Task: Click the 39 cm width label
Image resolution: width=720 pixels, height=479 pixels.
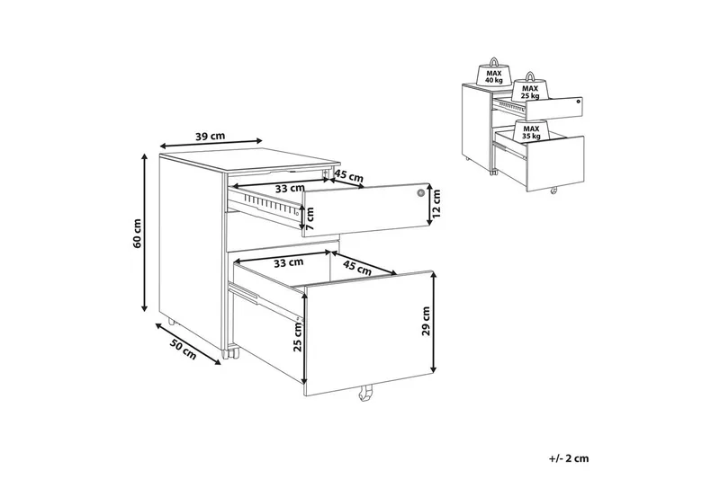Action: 211,136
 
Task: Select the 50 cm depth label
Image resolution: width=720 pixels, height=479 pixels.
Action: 184,348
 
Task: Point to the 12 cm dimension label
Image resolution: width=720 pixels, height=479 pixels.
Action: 436,203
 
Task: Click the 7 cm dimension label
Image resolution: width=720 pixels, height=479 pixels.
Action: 310,219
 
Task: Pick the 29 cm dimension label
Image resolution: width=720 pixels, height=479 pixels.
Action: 426,321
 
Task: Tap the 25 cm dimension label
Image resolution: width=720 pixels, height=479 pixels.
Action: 298,337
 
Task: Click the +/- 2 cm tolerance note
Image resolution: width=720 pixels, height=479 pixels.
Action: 569,458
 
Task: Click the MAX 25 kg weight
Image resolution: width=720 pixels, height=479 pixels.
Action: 530,87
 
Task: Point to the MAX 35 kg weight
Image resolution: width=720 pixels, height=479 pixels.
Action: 532,131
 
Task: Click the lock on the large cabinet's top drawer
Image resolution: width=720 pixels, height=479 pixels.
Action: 420,193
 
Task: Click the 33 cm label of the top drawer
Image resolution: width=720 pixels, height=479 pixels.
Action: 290,188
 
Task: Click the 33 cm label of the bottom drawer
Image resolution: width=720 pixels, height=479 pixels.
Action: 288,262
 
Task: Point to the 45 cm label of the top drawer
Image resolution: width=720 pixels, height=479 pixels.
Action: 348,174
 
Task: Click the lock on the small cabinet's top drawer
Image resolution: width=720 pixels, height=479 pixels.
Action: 578,102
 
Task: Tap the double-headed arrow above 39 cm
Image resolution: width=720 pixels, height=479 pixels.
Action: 211,144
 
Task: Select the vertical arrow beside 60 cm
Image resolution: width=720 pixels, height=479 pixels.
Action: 145,232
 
